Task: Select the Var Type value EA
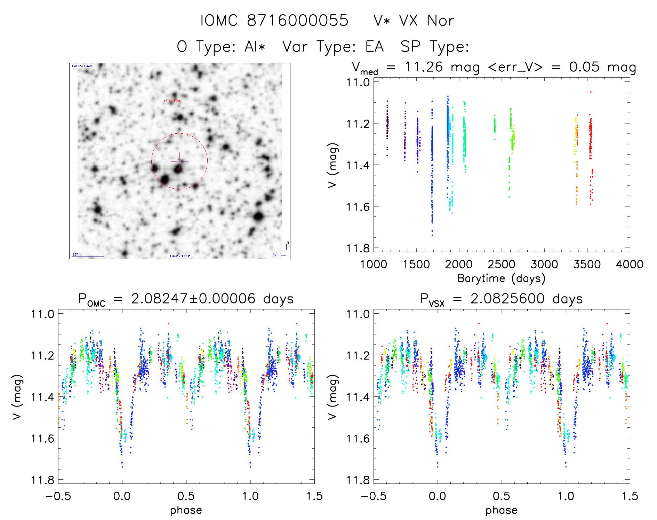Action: tap(374, 47)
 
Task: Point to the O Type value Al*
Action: tap(255, 47)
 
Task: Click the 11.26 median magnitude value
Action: tap(424, 67)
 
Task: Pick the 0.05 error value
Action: tap(584, 67)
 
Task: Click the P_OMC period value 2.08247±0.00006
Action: tap(193, 299)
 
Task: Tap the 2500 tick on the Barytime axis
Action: tap(502, 264)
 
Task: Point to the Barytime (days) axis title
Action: tap(501, 278)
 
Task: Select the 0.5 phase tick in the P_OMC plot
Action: tap(186, 496)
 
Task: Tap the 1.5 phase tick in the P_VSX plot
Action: tap(630, 496)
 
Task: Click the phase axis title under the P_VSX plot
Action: tap(501, 510)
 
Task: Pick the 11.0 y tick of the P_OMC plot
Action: tap(42, 314)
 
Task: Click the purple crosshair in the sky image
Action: tap(179, 161)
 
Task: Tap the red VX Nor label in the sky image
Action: tap(172, 101)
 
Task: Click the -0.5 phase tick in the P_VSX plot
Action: tap(373, 496)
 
